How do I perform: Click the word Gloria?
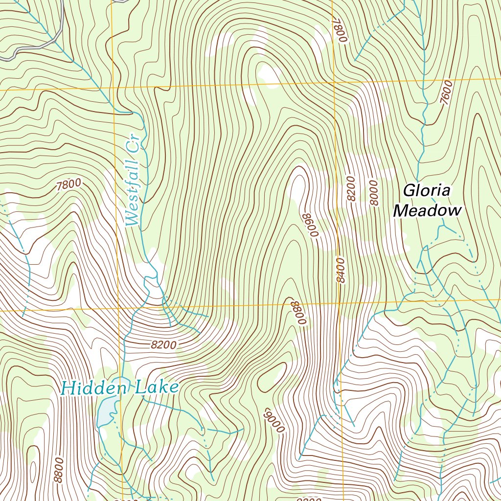(x=426, y=190)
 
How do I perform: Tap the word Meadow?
(x=428, y=211)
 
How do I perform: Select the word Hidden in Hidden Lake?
(x=93, y=388)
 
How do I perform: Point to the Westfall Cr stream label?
(x=133, y=181)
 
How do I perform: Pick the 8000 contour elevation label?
(x=374, y=192)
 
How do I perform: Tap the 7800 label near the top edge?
(x=339, y=30)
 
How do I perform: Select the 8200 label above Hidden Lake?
(x=163, y=345)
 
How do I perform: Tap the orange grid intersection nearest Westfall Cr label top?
(x=113, y=89)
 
